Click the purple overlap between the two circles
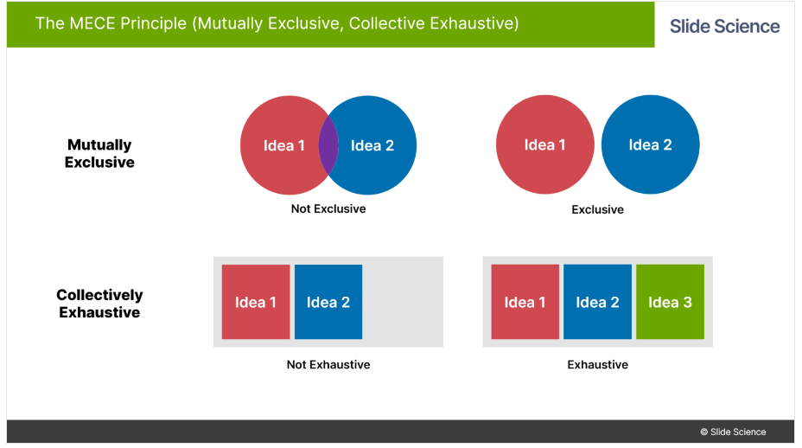click(x=328, y=145)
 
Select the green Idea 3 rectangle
click(x=670, y=302)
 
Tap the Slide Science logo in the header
click(x=725, y=26)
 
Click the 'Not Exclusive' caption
click(x=328, y=209)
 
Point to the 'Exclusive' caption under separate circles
click(x=597, y=209)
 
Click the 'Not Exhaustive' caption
click(x=328, y=365)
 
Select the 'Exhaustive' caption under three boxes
click(x=597, y=365)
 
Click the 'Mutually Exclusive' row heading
click(x=99, y=154)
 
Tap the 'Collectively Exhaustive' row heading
click(x=99, y=304)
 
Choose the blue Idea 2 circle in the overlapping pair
click(x=372, y=145)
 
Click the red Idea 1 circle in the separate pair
click(x=544, y=144)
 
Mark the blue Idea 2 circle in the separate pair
click(x=650, y=144)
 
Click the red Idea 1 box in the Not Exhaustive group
click(x=256, y=302)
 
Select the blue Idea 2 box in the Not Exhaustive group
click(x=328, y=302)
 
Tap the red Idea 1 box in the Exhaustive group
click(x=525, y=302)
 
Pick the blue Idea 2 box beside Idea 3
click(x=597, y=302)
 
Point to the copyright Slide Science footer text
click(x=733, y=432)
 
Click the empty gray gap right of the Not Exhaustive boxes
click(x=402, y=302)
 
